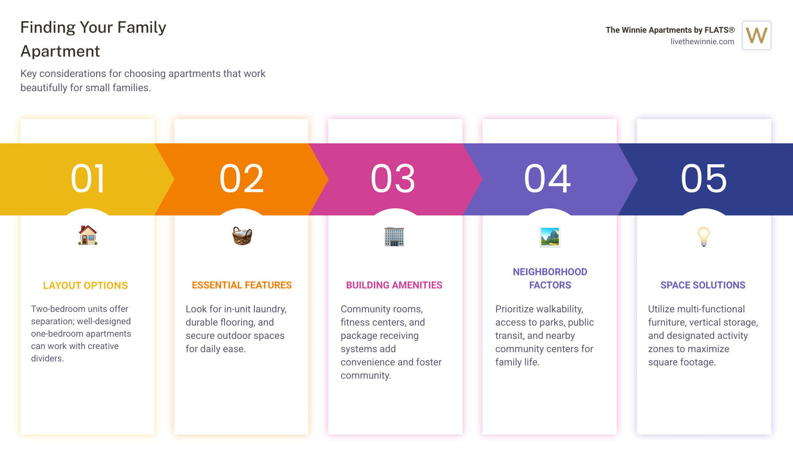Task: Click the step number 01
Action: pyautogui.click(x=88, y=179)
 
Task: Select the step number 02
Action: pyautogui.click(x=242, y=179)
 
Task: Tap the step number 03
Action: pyautogui.click(x=393, y=179)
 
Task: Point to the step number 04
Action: pyautogui.click(x=548, y=179)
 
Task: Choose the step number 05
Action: pyautogui.click(x=704, y=179)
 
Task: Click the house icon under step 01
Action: pyautogui.click(x=88, y=235)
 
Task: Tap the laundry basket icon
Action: pyautogui.click(x=242, y=236)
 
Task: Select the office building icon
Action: pyautogui.click(x=394, y=236)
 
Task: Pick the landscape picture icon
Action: pyautogui.click(x=550, y=237)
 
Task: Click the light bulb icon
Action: pyautogui.click(x=704, y=237)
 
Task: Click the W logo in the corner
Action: pyautogui.click(x=757, y=35)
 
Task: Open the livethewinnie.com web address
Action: pyautogui.click(x=702, y=42)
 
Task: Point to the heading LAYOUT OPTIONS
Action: pyautogui.click(x=86, y=286)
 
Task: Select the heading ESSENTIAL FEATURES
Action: pyautogui.click(x=242, y=285)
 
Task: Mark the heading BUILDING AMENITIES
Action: pyautogui.click(x=394, y=285)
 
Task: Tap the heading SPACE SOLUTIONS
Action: pyautogui.click(x=703, y=285)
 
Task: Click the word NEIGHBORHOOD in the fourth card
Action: pyautogui.click(x=550, y=272)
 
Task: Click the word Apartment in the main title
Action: pyautogui.click(x=60, y=52)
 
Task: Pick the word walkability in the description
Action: pyautogui.click(x=558, y=309)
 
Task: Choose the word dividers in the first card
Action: pyautogui.click(x=47, y=358)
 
